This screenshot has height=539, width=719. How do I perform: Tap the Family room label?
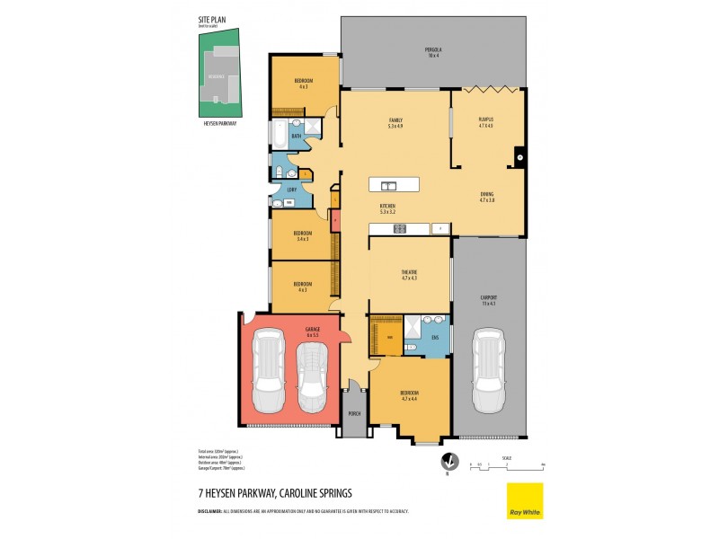tap(395, 122)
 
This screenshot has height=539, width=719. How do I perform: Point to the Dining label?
tap(486, 197)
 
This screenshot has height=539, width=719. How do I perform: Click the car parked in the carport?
tap(488, 361)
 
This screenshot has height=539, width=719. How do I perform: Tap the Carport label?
tap(488, 302)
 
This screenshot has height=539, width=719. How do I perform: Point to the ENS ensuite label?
tap(434, 338)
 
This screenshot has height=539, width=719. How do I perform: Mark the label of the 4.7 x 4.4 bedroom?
tap(409, 394)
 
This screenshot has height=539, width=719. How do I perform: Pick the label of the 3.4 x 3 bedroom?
tap(302, 235)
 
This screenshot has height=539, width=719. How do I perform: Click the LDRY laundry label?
tap(292, 190)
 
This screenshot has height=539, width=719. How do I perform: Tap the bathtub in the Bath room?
tap(280, 137)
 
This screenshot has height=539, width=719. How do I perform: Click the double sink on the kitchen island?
tap(390, 186)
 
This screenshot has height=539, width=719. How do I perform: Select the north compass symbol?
tap(443, 464)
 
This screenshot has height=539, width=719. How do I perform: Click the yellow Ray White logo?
tap(525, 500)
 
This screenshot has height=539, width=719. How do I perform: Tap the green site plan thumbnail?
tap(219, 73)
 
